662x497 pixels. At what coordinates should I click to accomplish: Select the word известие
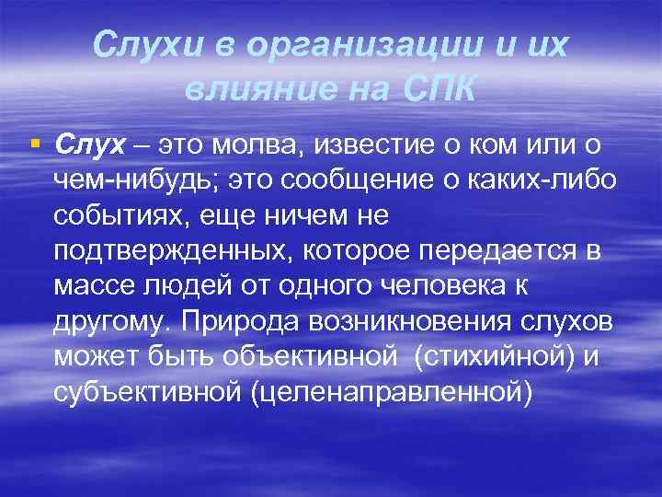pos(376,144)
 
